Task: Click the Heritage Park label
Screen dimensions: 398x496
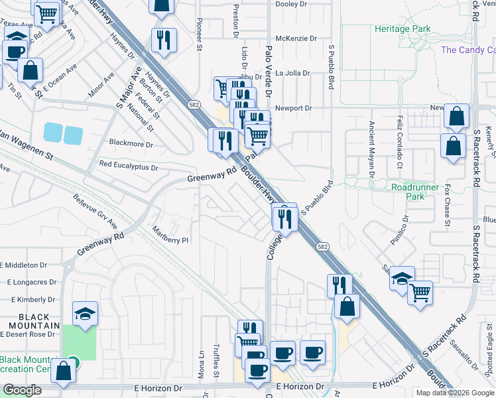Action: coord(402,29)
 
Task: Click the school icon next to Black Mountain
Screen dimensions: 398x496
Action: coord(85,314)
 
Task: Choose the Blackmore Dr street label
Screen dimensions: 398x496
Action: coord(131,144)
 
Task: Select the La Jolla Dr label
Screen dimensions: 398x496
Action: coord(292,73)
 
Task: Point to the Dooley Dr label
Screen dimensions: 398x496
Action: coord(292,3)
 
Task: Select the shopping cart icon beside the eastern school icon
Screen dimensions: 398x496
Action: coord(420,293)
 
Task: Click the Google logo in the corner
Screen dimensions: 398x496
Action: coord(22,390)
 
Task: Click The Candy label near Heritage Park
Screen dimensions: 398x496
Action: coord(467,50)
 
